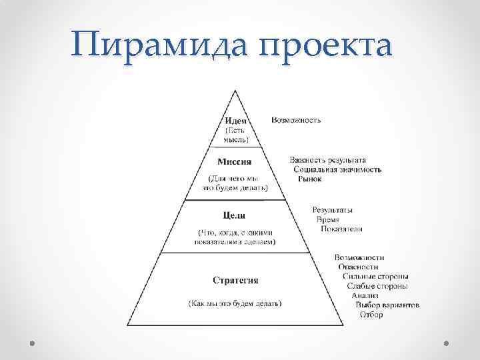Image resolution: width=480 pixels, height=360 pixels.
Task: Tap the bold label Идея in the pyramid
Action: [234, 120]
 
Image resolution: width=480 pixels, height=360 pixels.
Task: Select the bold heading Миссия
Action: [234, 161]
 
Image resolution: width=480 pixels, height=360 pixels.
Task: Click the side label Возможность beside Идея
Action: [296, 120]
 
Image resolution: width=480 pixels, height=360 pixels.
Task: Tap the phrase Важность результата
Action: [327, 160]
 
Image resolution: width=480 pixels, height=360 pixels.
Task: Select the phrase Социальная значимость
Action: [337, 169]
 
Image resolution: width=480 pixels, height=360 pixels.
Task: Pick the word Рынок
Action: [309, 179]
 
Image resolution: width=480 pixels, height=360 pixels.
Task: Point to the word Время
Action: [327, 219]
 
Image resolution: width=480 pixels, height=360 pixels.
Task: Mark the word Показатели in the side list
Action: [341, 229]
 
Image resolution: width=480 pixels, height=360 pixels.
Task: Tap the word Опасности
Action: [359, 267]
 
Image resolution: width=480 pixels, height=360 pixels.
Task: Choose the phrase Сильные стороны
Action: [375, 276]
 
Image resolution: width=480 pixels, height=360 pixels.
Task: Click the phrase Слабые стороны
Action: [377, 286]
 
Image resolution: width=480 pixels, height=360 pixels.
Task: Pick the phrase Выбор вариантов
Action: [387, 305]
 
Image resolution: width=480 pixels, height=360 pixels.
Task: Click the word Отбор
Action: [371, 314]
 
